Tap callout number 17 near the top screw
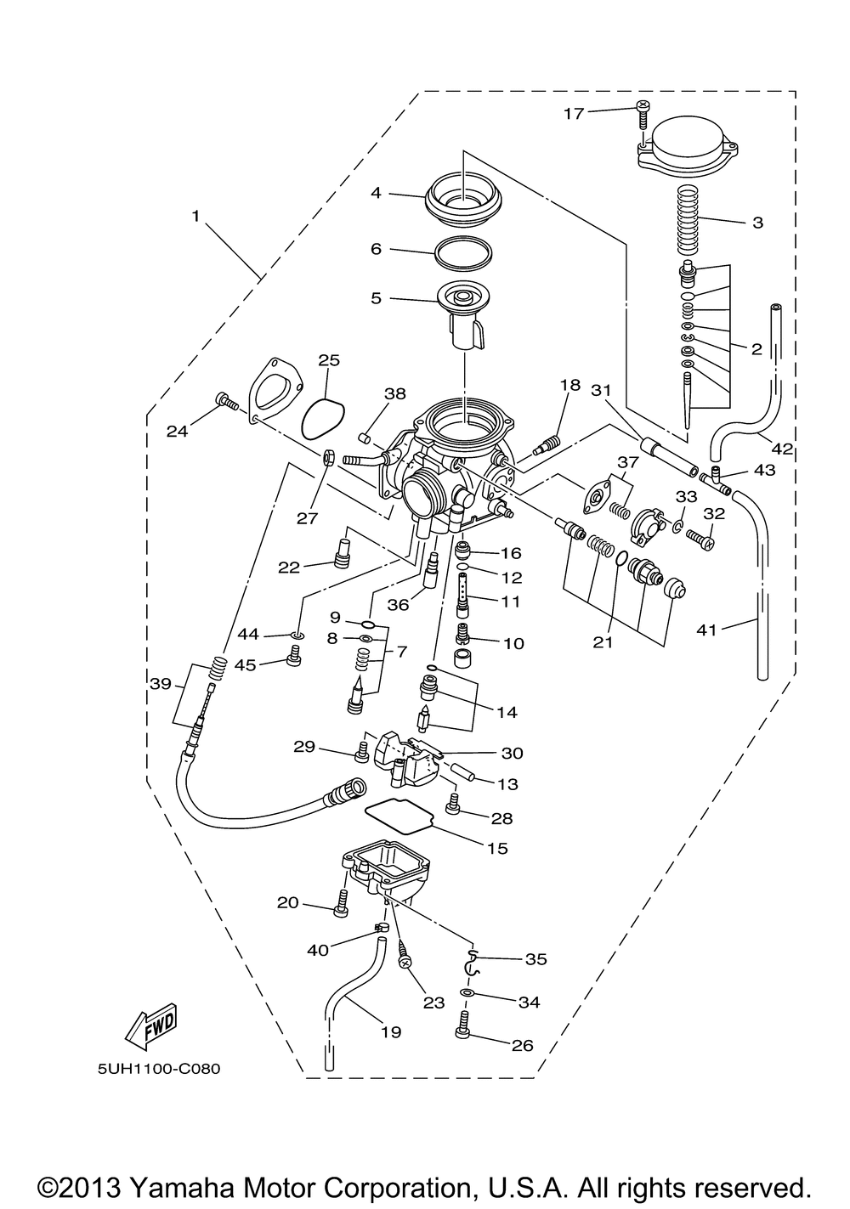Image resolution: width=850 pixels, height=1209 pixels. point(574,114)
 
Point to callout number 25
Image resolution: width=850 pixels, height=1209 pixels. point(329,360)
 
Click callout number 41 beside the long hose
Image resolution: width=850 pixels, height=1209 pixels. point(707,630)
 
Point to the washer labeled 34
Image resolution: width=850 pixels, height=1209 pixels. point(467,993)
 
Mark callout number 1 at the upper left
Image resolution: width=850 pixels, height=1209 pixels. point(195,217)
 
